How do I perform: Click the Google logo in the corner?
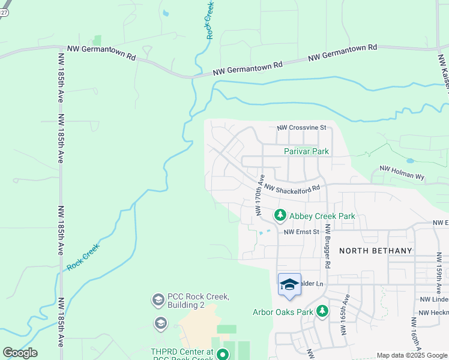(19, 353)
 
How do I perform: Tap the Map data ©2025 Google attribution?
(412, 355)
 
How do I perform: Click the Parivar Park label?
(306, 152)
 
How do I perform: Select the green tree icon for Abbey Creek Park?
(280, 215)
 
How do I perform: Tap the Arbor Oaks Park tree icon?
(323, 311)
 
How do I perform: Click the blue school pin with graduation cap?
(289, 285)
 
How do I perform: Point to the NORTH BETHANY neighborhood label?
(375, 251)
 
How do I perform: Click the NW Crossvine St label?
(301, 128)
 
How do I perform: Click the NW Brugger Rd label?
(328, 246)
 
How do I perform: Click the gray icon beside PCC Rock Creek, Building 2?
(158, 299)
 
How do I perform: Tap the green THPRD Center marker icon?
(223, 355)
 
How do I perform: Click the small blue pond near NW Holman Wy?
(410, 161)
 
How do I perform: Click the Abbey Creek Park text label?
(322, 216)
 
